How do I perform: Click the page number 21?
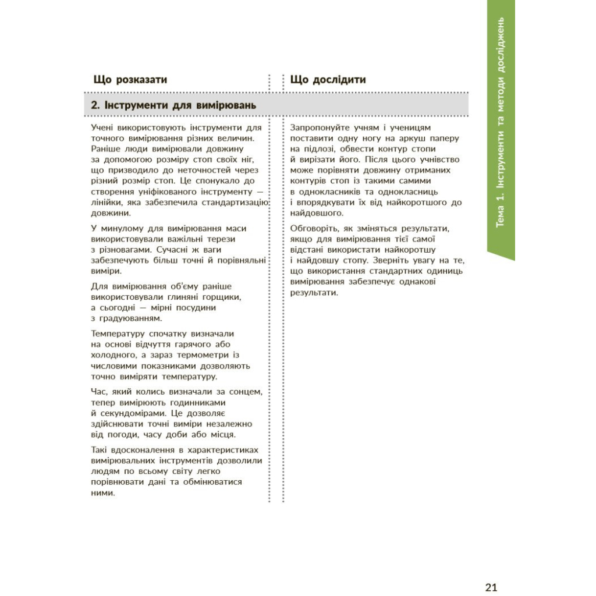(x=491, y=587)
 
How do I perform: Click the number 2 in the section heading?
(x=95, y=105)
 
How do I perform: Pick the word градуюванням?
(x=126, y=318)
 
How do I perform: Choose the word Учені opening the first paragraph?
(x=105, y=127)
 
